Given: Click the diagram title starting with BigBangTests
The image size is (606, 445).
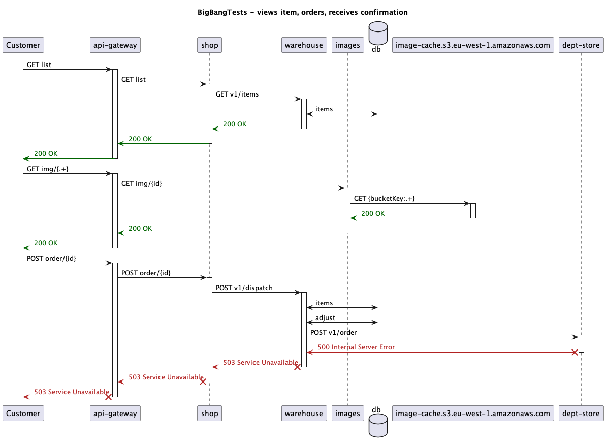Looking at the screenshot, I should coord(302,12).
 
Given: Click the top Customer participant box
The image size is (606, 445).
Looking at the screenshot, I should coord(23,45).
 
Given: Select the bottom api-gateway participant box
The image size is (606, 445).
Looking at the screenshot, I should coord(115,413).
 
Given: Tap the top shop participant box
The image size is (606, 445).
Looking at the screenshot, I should coord(209,45).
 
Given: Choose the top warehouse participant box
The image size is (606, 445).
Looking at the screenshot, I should coord(303,45).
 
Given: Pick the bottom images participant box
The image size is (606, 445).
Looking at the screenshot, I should coord(347,413).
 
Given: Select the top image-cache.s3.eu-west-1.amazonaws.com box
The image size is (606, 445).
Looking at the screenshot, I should coord(472,45).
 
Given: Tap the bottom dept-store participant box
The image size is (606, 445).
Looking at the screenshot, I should coord(581,413).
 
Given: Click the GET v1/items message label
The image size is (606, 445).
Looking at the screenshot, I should coord(237,94).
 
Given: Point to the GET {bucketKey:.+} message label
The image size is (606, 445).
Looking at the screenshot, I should coord(384,199).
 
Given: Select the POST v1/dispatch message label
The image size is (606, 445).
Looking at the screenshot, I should coord(244,288).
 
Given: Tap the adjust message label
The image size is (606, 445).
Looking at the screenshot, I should coord(325,317).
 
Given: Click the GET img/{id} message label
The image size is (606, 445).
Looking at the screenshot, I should coord(142,183).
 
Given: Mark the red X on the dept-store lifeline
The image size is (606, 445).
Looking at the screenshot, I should coord(575,352).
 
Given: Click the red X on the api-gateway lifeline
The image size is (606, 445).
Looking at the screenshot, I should coord(108,397).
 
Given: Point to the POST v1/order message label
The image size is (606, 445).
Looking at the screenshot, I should coord(333,333).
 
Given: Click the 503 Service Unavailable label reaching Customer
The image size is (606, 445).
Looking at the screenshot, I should coord(71,392).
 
